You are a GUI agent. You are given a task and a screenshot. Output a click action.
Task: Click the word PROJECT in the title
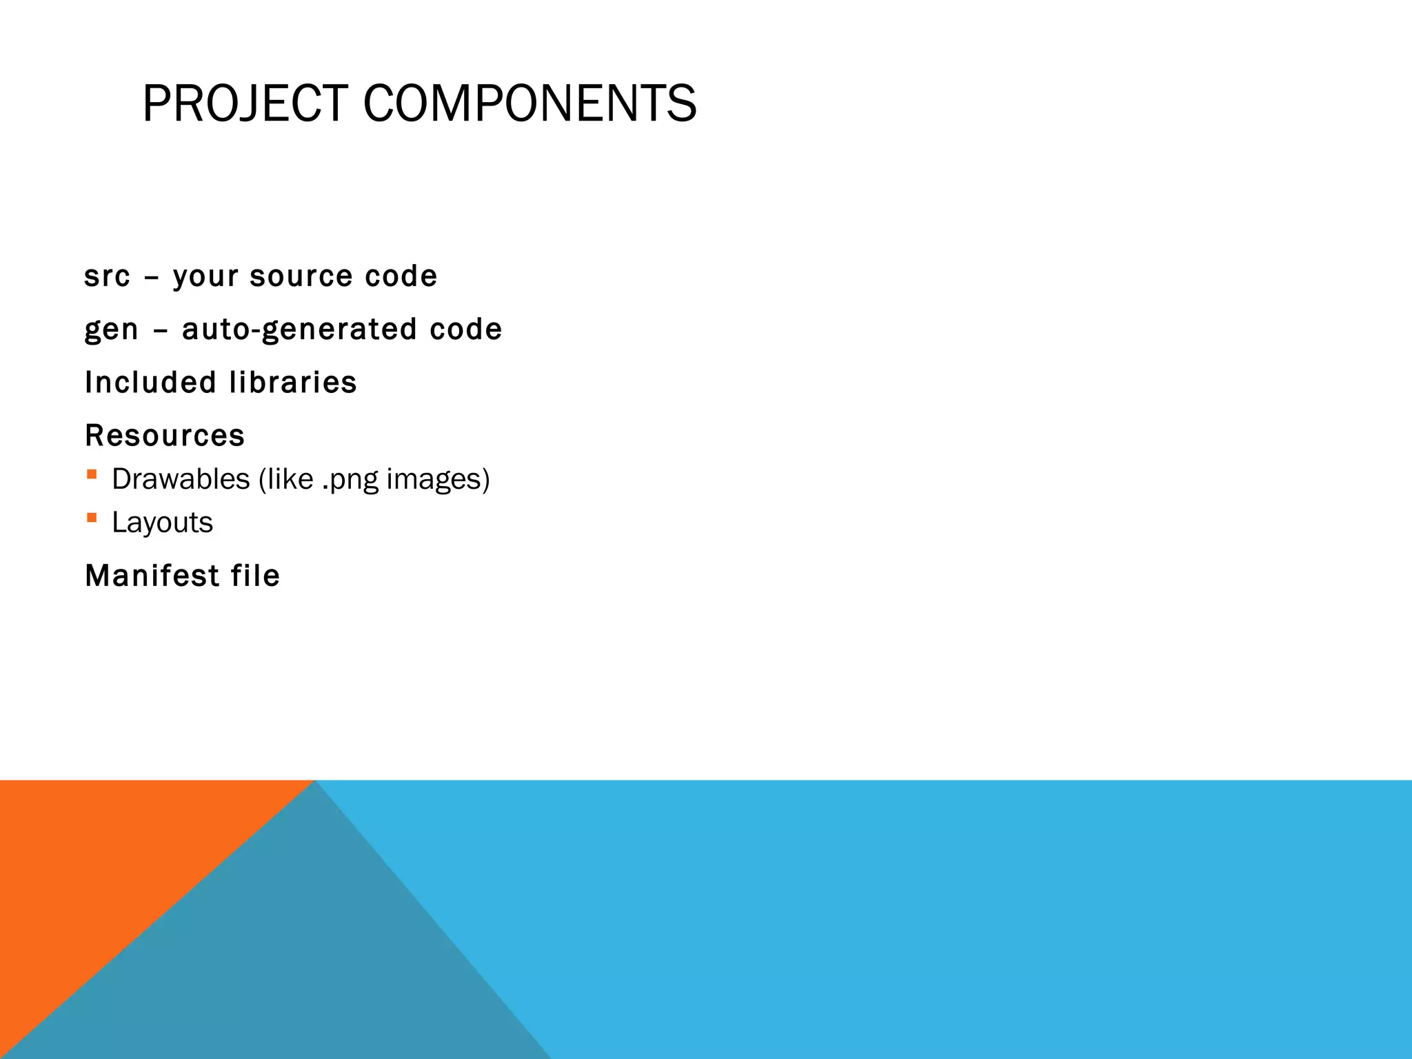(245, 104)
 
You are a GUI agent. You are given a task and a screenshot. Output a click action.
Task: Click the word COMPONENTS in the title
(529, 104)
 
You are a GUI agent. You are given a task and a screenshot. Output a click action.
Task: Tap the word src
(107, 276)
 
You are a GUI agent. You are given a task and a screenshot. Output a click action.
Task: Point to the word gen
(111, 330)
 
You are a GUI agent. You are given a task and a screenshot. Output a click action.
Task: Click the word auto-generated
(299, 330)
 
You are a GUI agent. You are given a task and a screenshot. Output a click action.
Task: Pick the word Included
(150, 383)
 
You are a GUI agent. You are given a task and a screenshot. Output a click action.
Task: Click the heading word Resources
(165, 436)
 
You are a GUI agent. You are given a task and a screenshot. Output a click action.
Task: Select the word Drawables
(181, 479)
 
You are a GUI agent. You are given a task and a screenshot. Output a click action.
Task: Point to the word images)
(438, 479)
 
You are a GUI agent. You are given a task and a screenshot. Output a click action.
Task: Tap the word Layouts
(163, 523)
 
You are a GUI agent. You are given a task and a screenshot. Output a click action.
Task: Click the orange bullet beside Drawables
(92, 474)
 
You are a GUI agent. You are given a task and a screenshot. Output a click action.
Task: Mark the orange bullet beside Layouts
(92, 517)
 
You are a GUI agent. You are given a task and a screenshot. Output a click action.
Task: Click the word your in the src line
(205, 276)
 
